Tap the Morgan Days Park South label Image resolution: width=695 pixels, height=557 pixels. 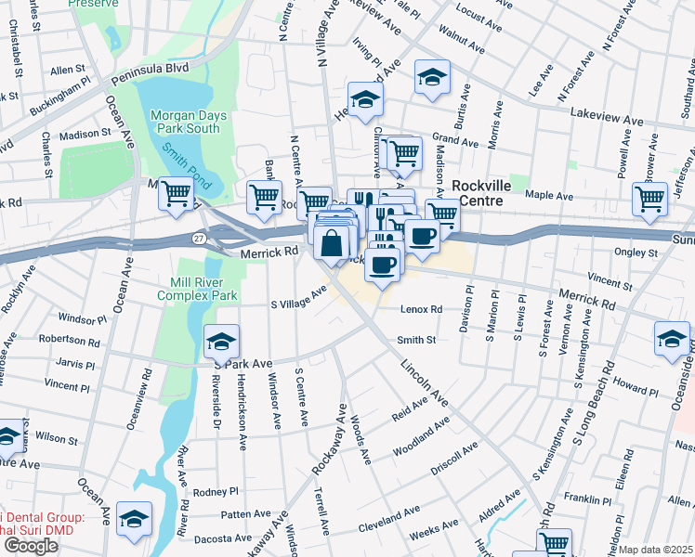coord(185,122)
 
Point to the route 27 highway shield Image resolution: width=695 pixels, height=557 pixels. coord(200,239)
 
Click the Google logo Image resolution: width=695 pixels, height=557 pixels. coord(31,546)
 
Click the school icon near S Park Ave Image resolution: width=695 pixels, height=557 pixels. coord(222,343)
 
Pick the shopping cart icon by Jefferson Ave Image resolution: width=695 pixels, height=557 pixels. coord(649,199)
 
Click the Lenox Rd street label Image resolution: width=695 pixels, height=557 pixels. coord(421,309)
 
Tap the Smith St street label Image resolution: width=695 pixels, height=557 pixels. coord(416,341)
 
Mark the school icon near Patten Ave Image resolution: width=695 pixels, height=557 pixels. coord(136,521)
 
